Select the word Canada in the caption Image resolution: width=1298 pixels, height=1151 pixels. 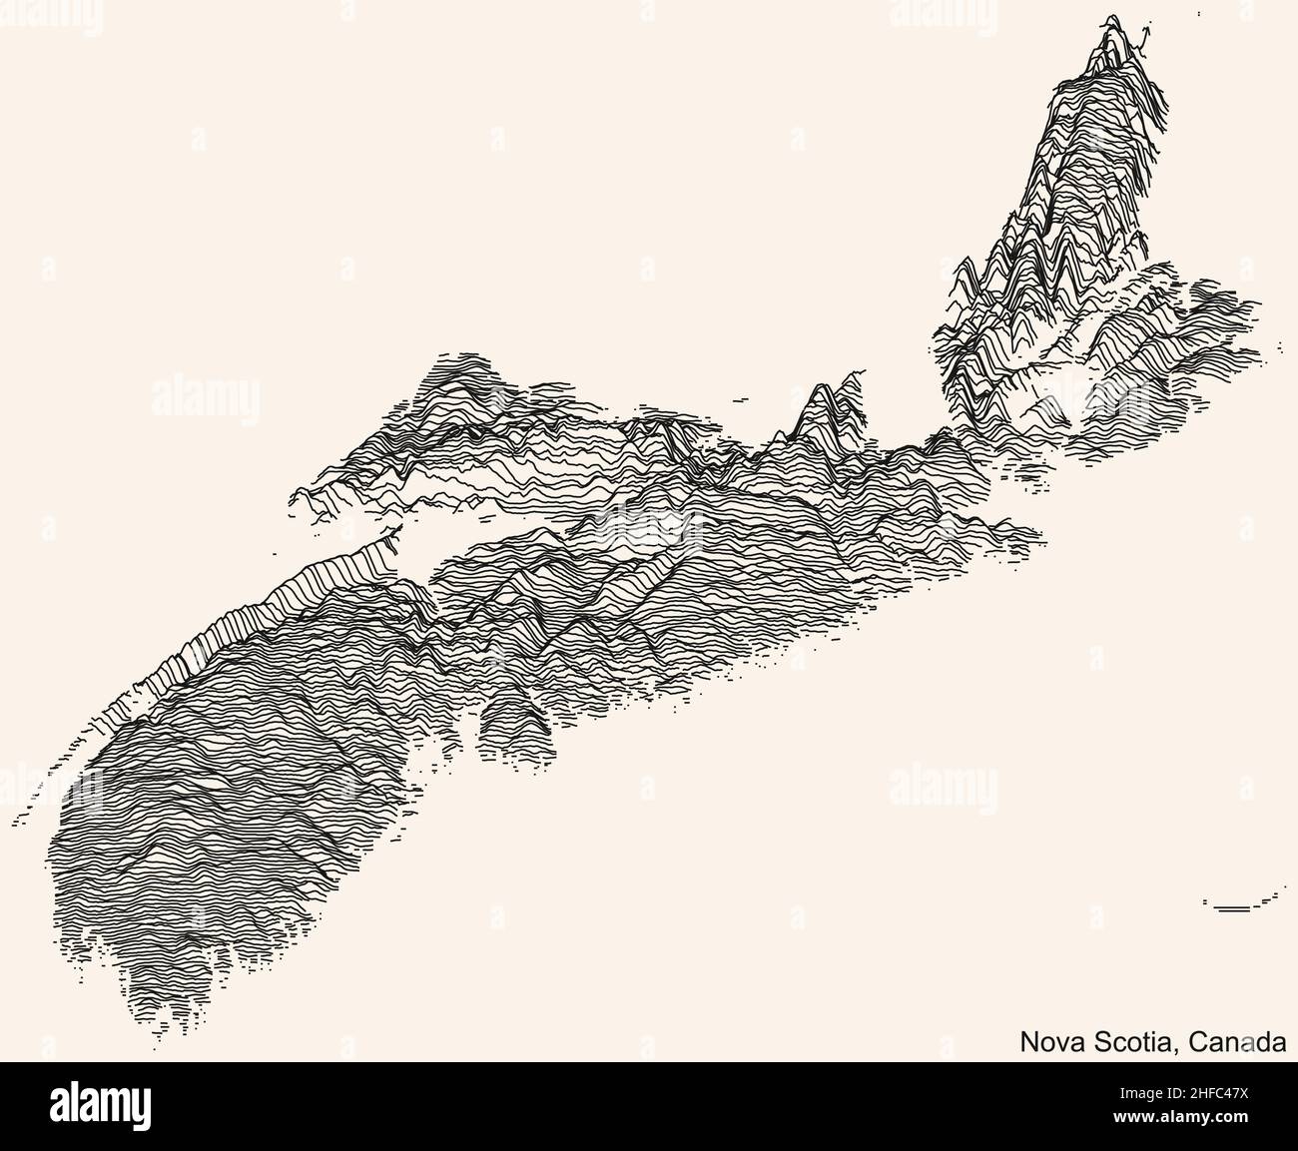(x=1239, y=1042)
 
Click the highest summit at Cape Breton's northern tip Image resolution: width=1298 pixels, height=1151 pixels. (x=1108, y=24)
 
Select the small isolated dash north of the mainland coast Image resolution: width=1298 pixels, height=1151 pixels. (x=739, y=399)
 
